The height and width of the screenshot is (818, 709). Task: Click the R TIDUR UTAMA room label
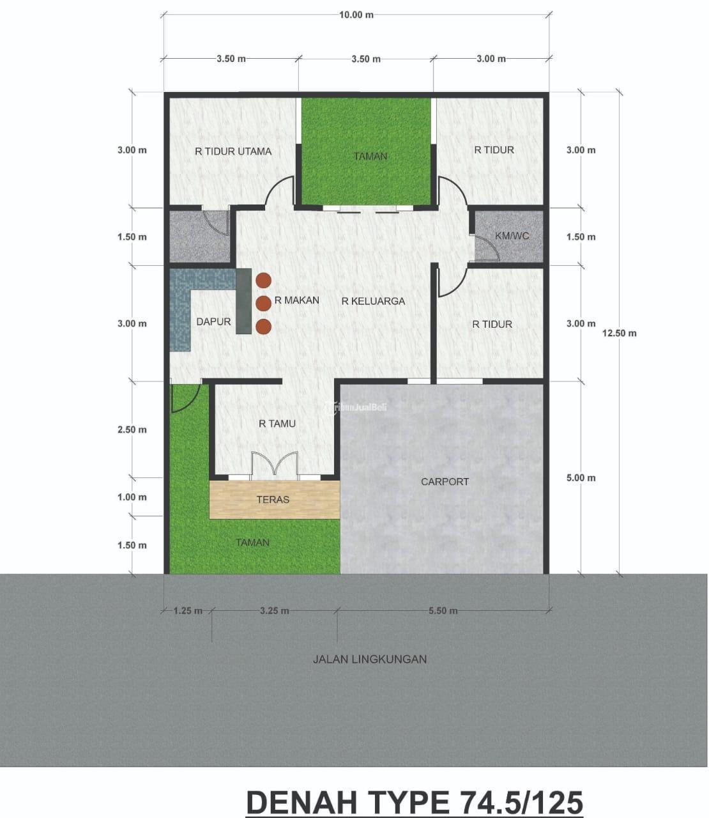233,151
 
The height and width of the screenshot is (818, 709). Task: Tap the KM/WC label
512,236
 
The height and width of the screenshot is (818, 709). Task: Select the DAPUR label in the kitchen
213,321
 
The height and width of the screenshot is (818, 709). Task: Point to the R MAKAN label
297,300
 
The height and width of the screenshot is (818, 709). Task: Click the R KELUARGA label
373,301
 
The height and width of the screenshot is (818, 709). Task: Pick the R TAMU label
277,424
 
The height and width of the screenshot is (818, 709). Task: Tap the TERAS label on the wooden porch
273,499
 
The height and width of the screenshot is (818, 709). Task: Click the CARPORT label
445,482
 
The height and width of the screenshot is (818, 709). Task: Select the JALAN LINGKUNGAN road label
370,660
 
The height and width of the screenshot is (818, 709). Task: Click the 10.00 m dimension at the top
356,15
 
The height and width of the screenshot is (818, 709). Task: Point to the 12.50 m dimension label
619,333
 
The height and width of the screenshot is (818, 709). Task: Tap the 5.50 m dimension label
443,611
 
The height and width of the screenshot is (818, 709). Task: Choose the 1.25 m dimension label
188,611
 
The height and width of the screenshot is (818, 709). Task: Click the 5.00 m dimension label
581,477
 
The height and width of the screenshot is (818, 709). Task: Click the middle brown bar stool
264,304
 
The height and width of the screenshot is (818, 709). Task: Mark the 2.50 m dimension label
132,429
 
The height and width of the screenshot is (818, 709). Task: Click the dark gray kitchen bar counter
244,301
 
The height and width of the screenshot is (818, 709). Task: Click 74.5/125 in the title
519,803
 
